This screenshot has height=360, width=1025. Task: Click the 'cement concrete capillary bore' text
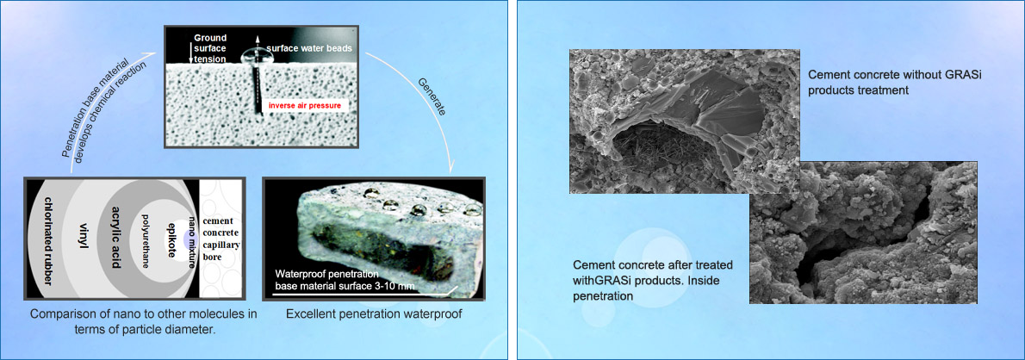(221, 239)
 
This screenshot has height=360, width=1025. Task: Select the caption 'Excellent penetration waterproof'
(374, 314)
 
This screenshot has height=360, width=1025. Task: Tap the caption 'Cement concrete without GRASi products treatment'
(895, 83)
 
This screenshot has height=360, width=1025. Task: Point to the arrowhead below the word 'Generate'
(452, 170)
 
